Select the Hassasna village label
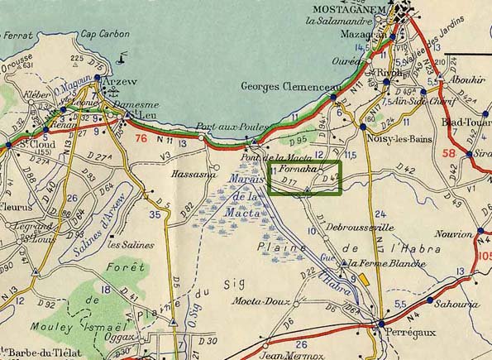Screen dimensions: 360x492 click(x=188, y=175)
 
